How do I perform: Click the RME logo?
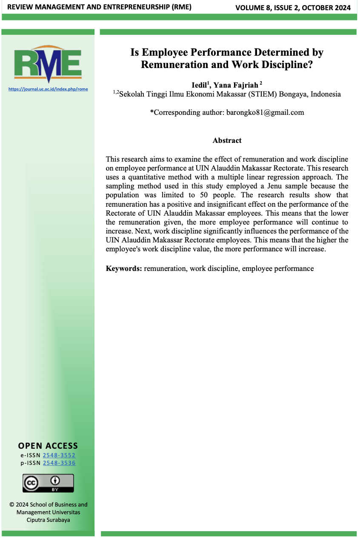48,64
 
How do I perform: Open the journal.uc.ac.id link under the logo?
48,89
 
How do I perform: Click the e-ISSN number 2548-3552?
59,455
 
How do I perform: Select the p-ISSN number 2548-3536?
59,463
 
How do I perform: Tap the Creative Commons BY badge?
48,483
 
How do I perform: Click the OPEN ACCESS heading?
48,446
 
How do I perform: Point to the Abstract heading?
227,140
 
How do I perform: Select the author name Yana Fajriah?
237,85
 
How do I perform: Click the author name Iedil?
199,85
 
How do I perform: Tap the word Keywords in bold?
124,268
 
